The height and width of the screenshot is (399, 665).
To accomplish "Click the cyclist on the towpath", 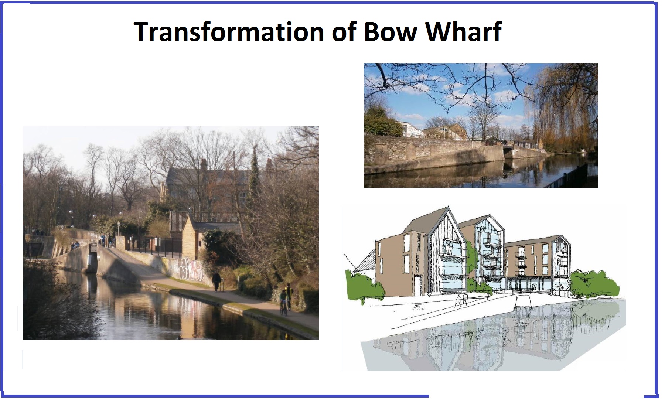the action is pyautogui.click(x=284, y=303).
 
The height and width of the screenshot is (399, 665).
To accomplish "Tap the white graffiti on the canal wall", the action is pyautogui.click(x=185, y=269).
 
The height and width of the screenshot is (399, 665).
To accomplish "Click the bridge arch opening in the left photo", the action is pyautogui.click(x=92, y=262).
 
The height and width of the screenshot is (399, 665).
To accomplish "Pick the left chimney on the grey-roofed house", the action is pyautogui.click(x=203, y=164).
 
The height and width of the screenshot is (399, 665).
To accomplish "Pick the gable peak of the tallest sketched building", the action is pyautogui.click(x=449, y=207).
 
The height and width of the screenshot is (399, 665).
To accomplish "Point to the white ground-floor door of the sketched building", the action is pyautogui.click(x=418, y=286).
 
